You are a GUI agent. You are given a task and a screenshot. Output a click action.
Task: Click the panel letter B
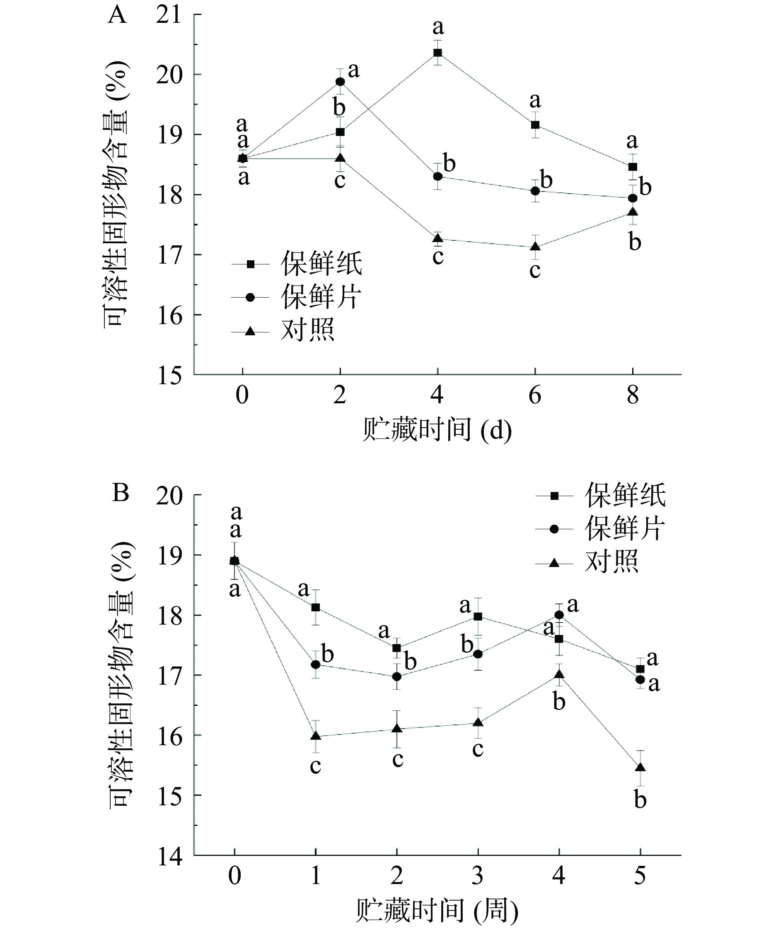point(120,493)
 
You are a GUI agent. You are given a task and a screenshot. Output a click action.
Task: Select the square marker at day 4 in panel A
point(437,53)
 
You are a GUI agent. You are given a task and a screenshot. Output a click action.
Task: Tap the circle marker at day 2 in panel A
point(341,82)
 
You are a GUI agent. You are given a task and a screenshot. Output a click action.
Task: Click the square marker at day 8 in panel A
point(633,167)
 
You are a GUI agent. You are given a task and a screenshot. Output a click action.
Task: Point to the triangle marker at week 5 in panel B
point(640,767)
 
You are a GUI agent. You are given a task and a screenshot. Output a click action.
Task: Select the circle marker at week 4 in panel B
point(559,615)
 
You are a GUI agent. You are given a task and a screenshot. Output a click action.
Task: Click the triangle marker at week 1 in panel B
point(316,736)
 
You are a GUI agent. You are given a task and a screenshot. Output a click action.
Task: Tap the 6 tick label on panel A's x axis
point(535,395)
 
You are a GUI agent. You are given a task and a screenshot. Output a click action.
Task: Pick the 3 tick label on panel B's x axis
point(478,876)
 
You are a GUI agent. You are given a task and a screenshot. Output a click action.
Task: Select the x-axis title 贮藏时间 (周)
point(437,910)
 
